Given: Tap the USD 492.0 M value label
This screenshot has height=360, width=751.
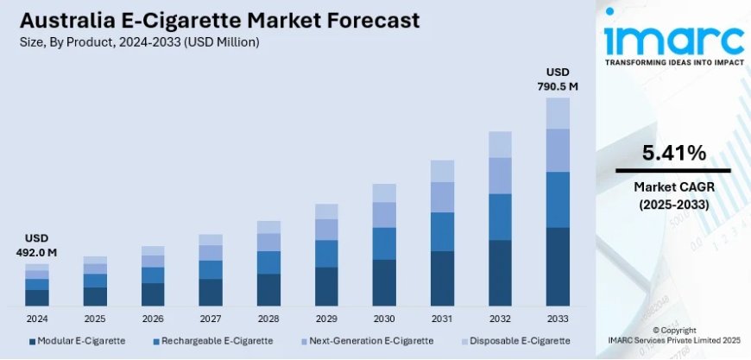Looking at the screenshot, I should tap(35, 245).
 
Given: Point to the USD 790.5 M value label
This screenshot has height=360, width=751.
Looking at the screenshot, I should tap(558, 79).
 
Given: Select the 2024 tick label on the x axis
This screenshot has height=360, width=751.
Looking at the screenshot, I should tap(37, 318).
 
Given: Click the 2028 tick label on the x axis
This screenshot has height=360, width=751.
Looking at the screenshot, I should tap(268, 318).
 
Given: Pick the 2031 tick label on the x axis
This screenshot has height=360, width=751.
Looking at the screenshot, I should tap(442, 318).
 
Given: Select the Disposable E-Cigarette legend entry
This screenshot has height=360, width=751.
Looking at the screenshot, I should tap(517, 341).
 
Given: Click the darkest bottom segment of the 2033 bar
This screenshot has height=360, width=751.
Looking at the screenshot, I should tap(558, 267).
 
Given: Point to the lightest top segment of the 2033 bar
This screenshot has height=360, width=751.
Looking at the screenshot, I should tap(558, 113).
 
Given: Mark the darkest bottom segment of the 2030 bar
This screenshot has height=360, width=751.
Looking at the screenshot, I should tap(384, 282).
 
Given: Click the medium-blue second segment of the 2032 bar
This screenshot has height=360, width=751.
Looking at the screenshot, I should tap(500, 217).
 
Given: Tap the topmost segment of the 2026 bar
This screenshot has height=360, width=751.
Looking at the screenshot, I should tap(153, 250).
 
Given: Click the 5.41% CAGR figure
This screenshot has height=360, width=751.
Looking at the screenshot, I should tap(673, 154).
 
